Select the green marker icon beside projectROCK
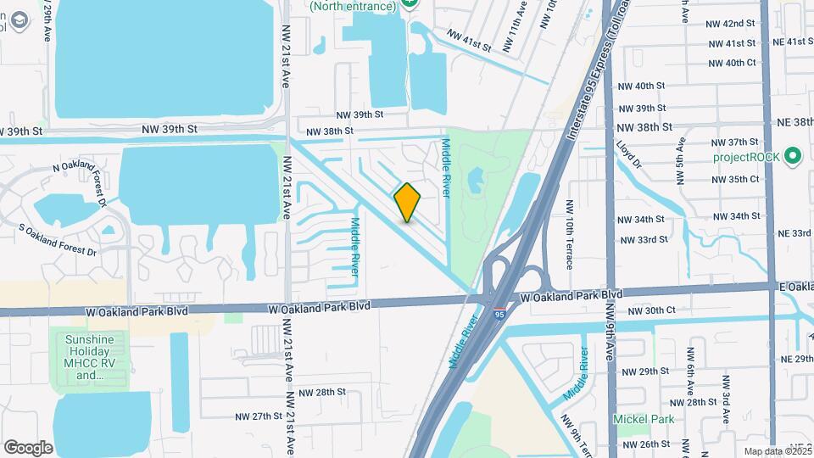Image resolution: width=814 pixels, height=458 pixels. tap(793, 156)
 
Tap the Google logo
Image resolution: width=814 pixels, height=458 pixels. tap(28, 447)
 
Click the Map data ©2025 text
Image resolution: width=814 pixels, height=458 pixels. tap(777, 451)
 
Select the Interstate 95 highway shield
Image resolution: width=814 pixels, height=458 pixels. tap(501, 313)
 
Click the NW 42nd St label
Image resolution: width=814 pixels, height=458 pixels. tap(730, 23)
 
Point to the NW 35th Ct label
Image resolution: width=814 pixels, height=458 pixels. tap(735, 179)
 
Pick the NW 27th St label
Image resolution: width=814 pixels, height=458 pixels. tap(259, 416)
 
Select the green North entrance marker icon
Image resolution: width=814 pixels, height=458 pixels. tap(411, 4)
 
